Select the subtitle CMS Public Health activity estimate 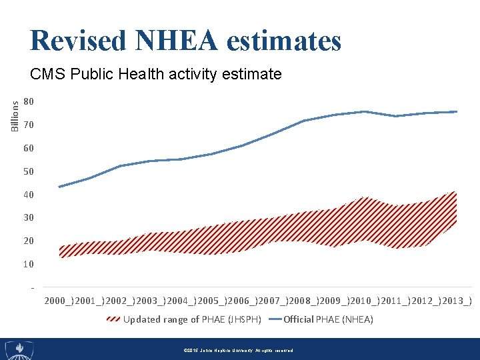[156, 74]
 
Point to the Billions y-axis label [15, 112]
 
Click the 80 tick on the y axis [28, 102]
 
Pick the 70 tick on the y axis [28, 125]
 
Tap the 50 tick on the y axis [28, 171]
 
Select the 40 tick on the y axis [28, 195]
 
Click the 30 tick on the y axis [28, 217]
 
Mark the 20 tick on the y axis [28, 241]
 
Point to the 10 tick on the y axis [28, 264]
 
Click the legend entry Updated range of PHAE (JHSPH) [192, 319]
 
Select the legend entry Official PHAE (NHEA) [328, 319]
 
